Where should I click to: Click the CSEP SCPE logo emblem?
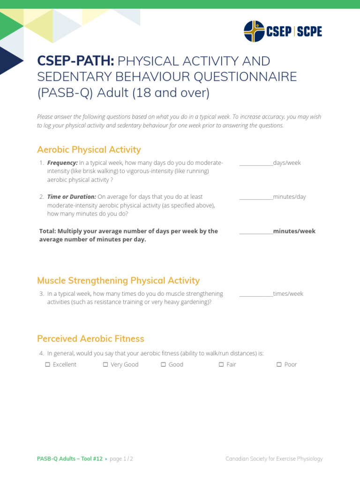(255, 31)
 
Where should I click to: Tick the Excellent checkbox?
(47, 364)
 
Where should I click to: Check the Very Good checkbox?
(105, 364)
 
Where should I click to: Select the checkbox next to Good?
(164, 364)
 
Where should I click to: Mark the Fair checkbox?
(221, 364)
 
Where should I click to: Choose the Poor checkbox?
(279, 364)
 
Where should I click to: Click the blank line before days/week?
(256, 163)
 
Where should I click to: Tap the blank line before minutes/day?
(256, 197)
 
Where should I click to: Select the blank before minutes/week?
(256, 231)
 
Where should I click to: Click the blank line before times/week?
(256, 294)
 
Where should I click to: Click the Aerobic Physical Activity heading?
(89, 150)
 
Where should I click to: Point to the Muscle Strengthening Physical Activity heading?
(118, 280)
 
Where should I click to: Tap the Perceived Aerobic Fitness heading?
(90, 338)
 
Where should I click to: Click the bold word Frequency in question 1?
(62, 163)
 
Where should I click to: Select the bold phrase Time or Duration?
(72, 197)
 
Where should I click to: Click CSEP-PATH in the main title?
(75, 61)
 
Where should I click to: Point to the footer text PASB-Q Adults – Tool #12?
(69, 459)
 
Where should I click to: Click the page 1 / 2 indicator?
(121, 459)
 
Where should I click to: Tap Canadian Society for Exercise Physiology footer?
(274, 459)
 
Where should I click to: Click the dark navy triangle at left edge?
(9, 60)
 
